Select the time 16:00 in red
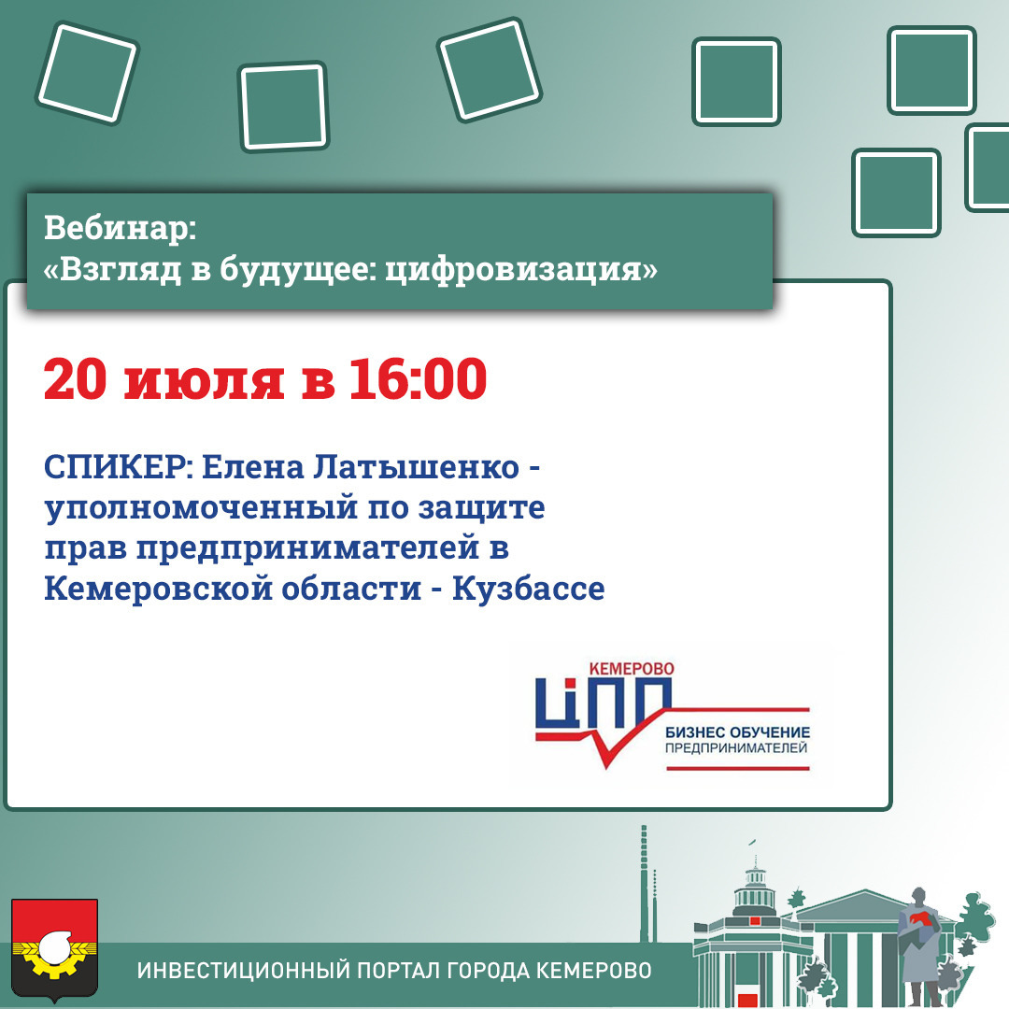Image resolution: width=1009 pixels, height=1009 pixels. click(x=418, y=379)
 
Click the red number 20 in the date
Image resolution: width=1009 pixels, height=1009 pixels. click(x=75, y=379)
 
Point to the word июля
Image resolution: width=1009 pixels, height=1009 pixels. click(x=204, y=381)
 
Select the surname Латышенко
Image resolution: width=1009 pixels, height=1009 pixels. click(x=416, y=468)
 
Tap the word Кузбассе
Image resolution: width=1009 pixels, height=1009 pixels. click(x=528, y=589)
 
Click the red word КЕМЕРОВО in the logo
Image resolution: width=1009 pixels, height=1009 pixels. click(x=632, y=669)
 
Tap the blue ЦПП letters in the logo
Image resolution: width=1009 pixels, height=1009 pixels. click(x=603, y=704)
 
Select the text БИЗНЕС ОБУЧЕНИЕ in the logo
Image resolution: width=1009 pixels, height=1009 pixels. click(x=737, y=732)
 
